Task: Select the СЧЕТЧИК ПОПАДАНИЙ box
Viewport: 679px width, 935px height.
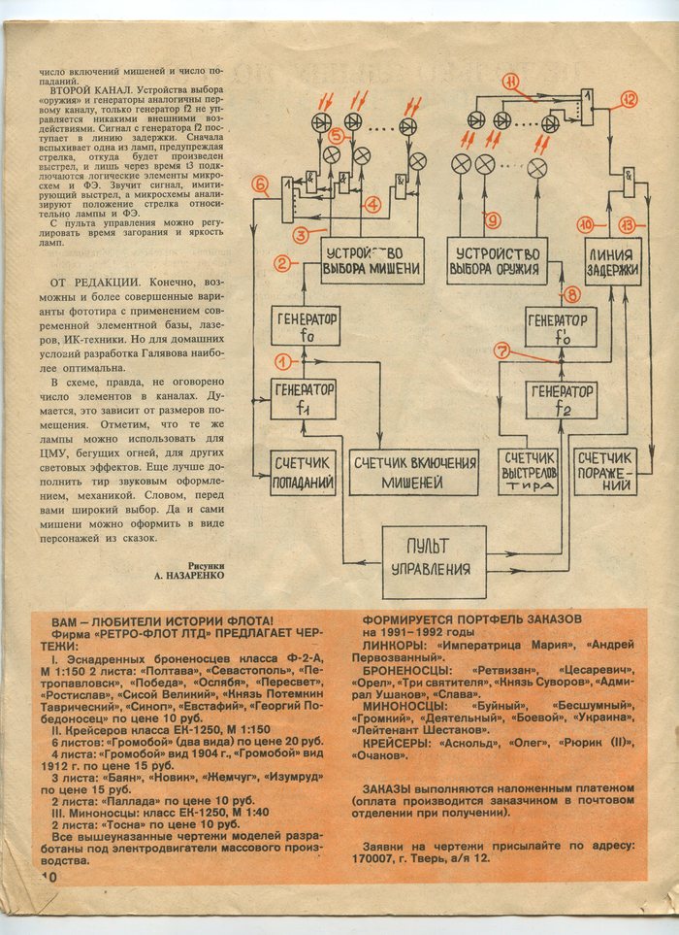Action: tap(304, 473)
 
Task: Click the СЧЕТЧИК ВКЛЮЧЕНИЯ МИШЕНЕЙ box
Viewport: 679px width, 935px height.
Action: tap(413, 472)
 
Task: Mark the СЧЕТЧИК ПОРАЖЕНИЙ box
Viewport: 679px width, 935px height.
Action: tap(605, 472)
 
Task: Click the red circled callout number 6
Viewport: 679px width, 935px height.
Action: tap(259, 184)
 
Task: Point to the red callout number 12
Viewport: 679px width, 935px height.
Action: tap(629, 99)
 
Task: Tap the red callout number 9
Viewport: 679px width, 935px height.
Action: tap(492, 219)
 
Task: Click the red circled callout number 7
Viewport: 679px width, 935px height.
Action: tap(501, 351)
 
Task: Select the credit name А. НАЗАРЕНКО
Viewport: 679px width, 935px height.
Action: tap(189, 575)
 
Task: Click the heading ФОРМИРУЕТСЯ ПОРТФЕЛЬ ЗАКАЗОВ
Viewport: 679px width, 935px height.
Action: tap(471, 618)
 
